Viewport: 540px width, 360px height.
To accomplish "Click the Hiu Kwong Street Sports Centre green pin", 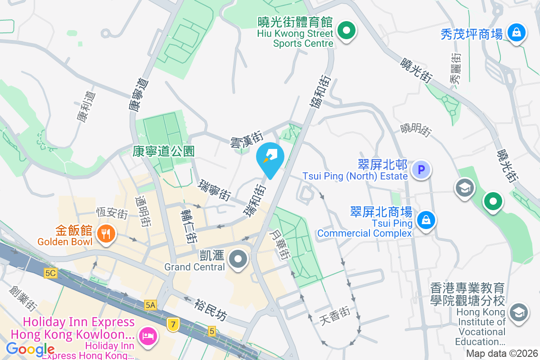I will point(347,31).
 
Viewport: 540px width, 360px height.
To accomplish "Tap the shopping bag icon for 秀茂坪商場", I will point(517,32).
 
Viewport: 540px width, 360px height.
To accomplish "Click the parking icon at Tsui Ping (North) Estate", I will point(422,170).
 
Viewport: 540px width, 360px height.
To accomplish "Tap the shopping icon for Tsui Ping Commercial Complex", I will point(425,220).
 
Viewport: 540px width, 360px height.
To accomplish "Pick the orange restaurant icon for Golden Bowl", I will point(106,233).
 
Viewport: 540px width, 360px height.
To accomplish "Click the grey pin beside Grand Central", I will point(238,259).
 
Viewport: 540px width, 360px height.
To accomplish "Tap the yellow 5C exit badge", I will point(50,273).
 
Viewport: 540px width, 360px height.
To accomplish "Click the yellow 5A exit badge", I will point(150,305).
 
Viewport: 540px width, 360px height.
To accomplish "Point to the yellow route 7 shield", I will point(172,324).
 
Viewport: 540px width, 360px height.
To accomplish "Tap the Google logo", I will point(30,349).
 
